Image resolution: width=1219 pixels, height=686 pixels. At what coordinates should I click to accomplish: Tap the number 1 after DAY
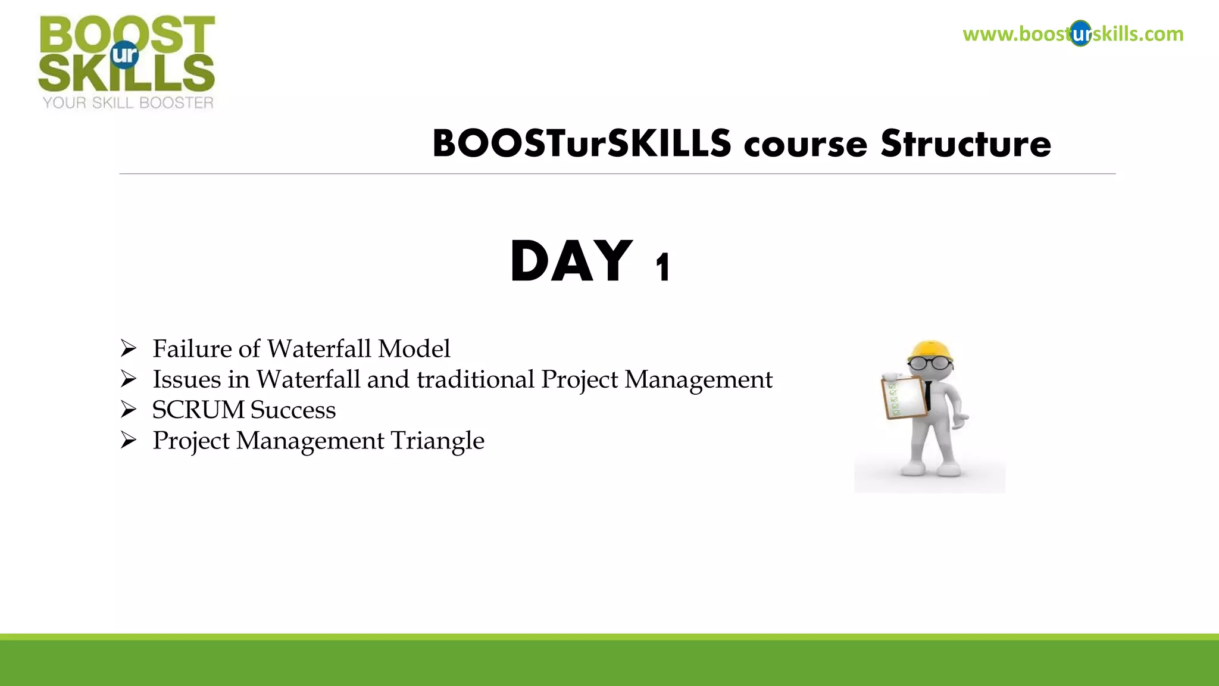[x=663, y=268]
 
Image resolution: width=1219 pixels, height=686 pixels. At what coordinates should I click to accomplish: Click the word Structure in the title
[x=965, y=144]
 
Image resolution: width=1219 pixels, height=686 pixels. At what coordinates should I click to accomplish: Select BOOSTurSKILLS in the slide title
[x=582, y=144]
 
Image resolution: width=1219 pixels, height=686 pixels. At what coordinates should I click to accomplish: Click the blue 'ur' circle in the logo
[x=124, y=55]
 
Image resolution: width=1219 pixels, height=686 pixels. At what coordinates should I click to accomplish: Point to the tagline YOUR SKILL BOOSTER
[x=128, y=103]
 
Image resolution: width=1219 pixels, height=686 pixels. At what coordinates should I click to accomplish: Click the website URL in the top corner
[x=1073, y=34]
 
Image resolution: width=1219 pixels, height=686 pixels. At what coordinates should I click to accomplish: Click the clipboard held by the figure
[x=904, y=397]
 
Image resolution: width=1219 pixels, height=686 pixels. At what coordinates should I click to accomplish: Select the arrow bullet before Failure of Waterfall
[x=129, y=348]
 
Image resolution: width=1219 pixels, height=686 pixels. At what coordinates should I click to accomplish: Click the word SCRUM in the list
[x=198, y=410]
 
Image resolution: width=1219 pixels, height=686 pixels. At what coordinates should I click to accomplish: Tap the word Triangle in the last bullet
[x=437, y=441]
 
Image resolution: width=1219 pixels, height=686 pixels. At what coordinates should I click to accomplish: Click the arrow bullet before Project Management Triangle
[x=129, y=441]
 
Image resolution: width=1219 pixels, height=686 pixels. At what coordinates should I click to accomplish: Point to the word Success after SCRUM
[x=293, y=410]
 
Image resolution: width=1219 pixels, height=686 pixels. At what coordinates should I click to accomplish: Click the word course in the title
[x=805, y=145]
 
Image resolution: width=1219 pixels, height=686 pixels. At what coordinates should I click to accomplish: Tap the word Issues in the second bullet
[x=186, y=379]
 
